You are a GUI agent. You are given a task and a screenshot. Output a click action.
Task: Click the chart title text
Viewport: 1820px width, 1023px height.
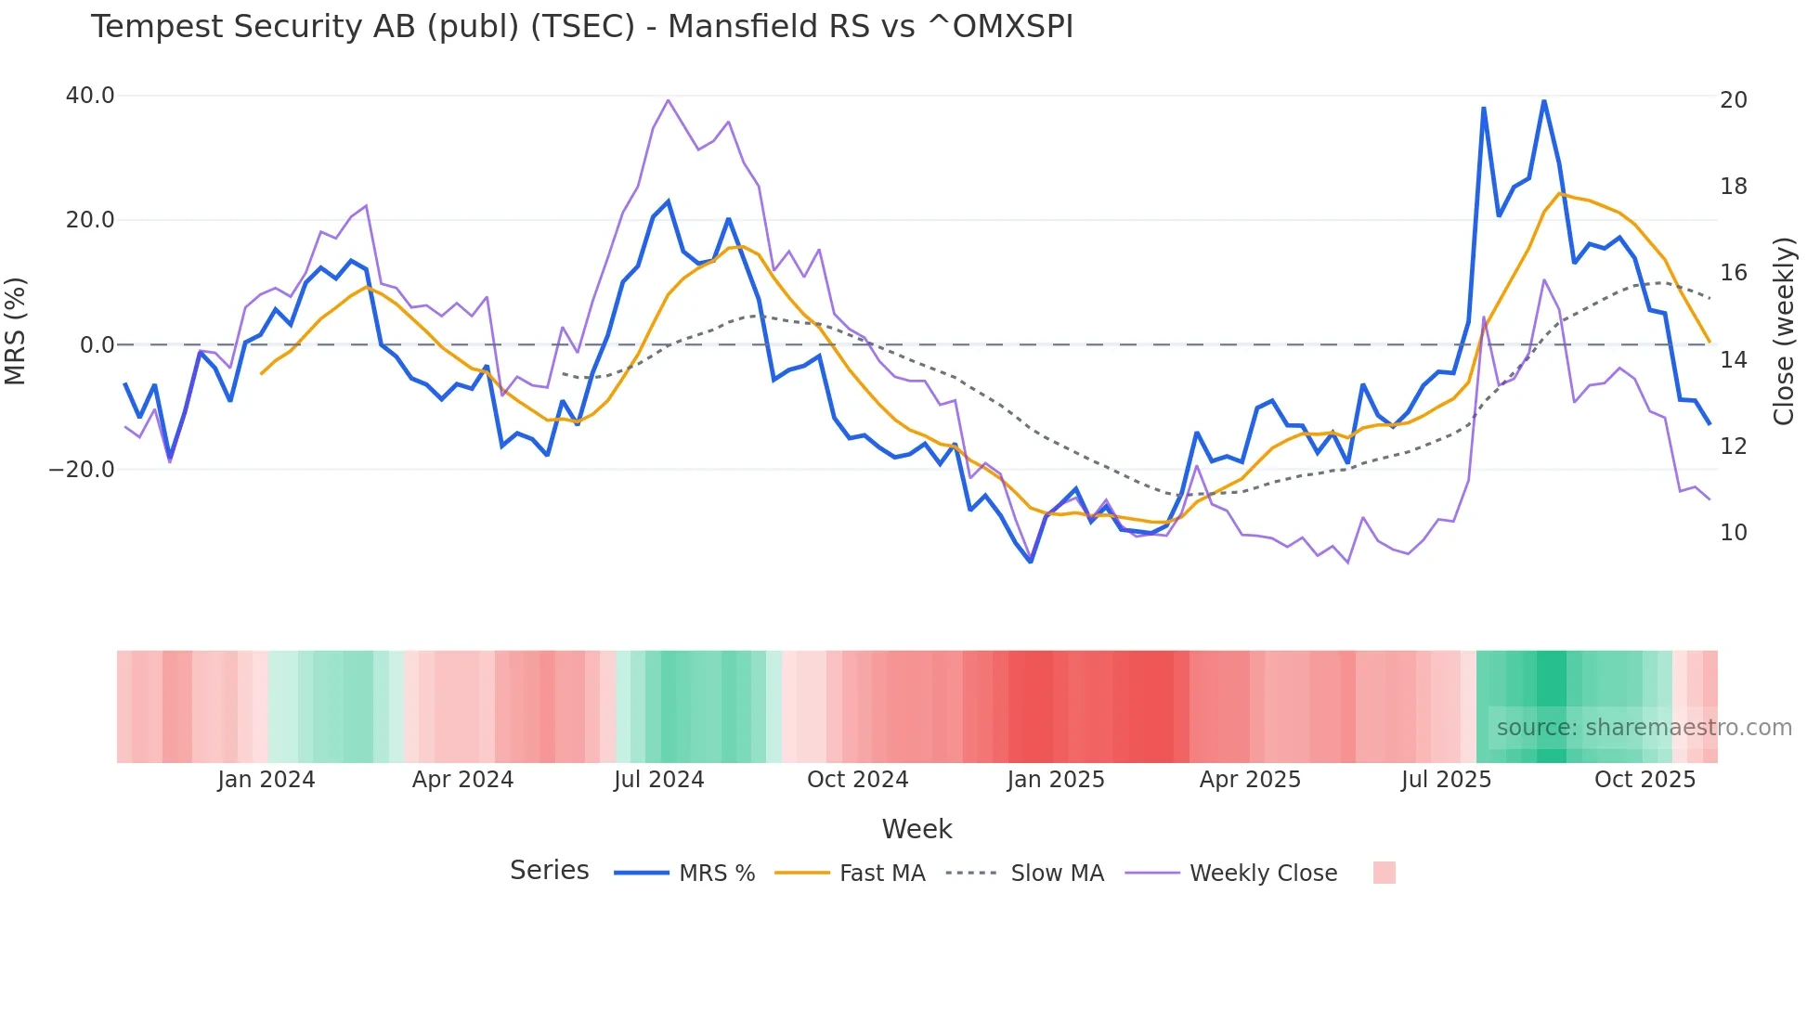tap(581, 27)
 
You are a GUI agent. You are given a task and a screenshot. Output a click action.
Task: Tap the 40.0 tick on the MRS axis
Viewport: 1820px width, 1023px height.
tap(90, 96)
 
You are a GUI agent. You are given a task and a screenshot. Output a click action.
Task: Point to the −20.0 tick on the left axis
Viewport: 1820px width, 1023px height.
tap(82, 470)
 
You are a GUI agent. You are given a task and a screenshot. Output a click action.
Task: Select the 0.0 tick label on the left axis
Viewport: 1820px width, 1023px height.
tap(97, 345)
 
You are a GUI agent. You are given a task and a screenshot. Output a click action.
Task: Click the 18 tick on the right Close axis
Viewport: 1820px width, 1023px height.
tap(1733, 187)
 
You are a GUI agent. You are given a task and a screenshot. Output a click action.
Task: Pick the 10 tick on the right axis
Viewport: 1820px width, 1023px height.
tap(1733, 533)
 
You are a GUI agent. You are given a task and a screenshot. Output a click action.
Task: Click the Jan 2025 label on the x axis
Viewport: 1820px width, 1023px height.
tap(1055, 780)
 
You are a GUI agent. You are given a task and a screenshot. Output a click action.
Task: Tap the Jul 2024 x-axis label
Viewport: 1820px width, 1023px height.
tap(658, 780)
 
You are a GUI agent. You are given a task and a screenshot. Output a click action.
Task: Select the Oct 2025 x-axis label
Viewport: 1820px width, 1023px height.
tap(1644, 780)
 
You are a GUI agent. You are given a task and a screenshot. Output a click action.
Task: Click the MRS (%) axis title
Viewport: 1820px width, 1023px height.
tap(16, 331)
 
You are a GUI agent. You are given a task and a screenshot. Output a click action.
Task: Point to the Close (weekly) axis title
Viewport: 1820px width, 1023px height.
tap(1784, 331)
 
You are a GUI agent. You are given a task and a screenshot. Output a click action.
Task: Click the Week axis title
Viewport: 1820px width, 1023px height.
tap(916, 829)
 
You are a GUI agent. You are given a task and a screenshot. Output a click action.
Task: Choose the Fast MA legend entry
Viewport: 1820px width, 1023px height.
tap(881, 874)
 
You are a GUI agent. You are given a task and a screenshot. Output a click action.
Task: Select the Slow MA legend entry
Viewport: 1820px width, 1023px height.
tap(1057, 874)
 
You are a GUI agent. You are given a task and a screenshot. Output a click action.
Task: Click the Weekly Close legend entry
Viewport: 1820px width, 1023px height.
tap(1263, 874)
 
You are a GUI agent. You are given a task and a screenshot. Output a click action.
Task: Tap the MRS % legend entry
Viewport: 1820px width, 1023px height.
tap(716, 874)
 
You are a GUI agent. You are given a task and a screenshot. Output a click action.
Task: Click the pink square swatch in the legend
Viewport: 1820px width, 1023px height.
tap(1384, 873)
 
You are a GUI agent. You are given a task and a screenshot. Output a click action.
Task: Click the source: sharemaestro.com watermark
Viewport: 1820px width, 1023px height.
tap(1644, 728)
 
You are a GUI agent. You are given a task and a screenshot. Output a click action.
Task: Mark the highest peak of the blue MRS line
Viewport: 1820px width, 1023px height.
tap(1543, 101)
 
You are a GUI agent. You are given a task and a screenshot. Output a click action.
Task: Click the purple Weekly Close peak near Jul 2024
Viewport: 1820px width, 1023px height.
tap(668, 100)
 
